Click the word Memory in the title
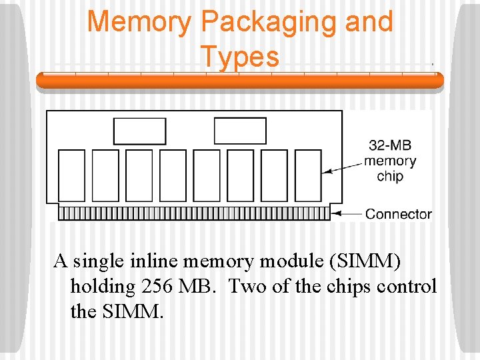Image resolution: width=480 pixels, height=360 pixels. pyautogui.click(x=139, y=22)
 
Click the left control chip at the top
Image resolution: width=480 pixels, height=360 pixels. pyautogui.click(x=140, y=131)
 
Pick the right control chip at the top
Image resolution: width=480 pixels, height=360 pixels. pyautogui.click(x=240, y=131)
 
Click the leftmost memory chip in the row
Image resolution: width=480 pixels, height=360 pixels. pyautogui.click(x=72, y=175)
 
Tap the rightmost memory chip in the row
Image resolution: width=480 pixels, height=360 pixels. pyautogui.click(x=308, y=175)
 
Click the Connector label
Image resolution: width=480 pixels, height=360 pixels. pyautogui.click(x=399, y=214)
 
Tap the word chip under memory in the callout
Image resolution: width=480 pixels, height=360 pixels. pyautogui.click(x=390, y=176)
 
